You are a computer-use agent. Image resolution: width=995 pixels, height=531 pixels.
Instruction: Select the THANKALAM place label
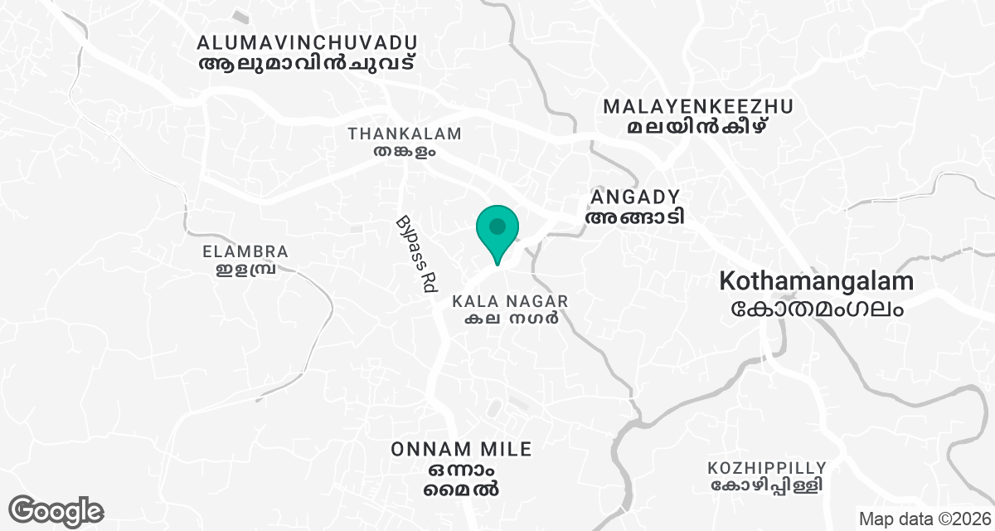(x=405, y=134)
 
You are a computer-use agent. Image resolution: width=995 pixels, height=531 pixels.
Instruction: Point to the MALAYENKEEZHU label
(x=698, y=106)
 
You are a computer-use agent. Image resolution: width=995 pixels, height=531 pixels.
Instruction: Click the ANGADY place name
(x=635, y=197)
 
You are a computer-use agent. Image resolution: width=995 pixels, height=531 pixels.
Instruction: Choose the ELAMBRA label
(x=245, y=251)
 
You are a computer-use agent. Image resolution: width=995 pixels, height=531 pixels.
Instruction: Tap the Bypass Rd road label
(x=415, y=255)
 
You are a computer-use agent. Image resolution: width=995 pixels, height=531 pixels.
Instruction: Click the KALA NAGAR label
(x=510, y=300)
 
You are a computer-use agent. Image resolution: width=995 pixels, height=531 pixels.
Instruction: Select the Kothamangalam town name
(x=817, y=281)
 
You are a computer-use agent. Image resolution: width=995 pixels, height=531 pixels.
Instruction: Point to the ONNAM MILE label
(x=462, y=450)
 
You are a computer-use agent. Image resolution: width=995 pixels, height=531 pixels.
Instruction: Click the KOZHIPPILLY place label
(x=767, y=467)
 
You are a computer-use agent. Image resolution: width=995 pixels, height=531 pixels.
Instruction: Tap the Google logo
(x=56, y=510)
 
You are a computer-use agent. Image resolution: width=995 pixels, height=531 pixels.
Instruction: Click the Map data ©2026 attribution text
(x=925, y=519)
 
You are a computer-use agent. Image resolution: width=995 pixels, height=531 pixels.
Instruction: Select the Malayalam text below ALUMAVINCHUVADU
(x=307, y=63)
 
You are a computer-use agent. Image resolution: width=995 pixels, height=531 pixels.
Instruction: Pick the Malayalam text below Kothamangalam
(x=817, y=308)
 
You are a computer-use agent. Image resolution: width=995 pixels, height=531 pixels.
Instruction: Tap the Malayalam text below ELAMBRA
(x=245, y=270)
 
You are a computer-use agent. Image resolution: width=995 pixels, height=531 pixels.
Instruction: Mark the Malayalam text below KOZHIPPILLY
(x=767, y=485)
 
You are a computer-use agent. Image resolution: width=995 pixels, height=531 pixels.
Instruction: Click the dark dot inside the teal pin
(x=498, y=225)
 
